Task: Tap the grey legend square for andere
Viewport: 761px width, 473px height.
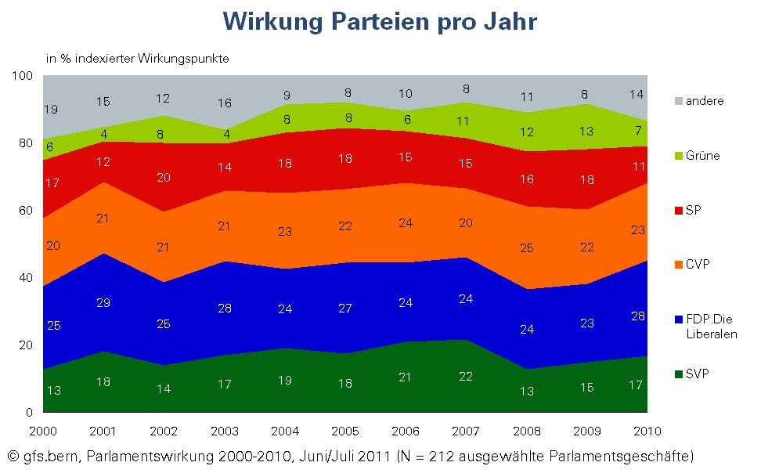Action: (x=678, y=101)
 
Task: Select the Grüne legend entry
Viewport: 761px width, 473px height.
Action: (x=701, y=155)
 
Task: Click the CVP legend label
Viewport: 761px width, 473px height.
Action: (x=698, y=265)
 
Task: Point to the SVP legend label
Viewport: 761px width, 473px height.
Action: (x=698, y=374)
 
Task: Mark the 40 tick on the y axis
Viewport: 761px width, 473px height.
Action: (x=26, y=278)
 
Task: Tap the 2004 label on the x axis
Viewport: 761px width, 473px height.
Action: (x=284, y=431)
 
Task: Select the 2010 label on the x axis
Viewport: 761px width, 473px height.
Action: (x=647, y=431)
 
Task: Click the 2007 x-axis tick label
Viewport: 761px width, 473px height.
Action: (x=466, y=431)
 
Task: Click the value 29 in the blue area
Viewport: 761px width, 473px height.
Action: (x=103, y=302)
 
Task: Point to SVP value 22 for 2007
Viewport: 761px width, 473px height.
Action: (x=465, y=377)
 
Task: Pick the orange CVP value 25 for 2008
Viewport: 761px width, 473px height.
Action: (x=526, y=249)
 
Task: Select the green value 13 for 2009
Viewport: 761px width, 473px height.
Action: (x=586, y=131)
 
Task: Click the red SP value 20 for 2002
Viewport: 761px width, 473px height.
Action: (x=164, y=177)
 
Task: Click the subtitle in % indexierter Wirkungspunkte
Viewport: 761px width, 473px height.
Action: (x=137, y=58)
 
